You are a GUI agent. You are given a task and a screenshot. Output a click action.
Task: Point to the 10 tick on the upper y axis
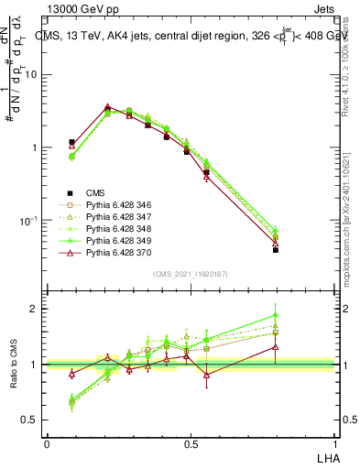[x=33, y=75]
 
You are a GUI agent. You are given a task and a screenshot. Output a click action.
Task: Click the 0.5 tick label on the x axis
[x=191, y=443]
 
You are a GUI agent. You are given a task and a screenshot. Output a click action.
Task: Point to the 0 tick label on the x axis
[x=47, y=443]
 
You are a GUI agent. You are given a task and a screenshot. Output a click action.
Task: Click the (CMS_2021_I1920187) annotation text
[x=191, y=274]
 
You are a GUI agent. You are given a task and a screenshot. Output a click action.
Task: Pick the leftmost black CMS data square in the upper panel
[x=71, y=142]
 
